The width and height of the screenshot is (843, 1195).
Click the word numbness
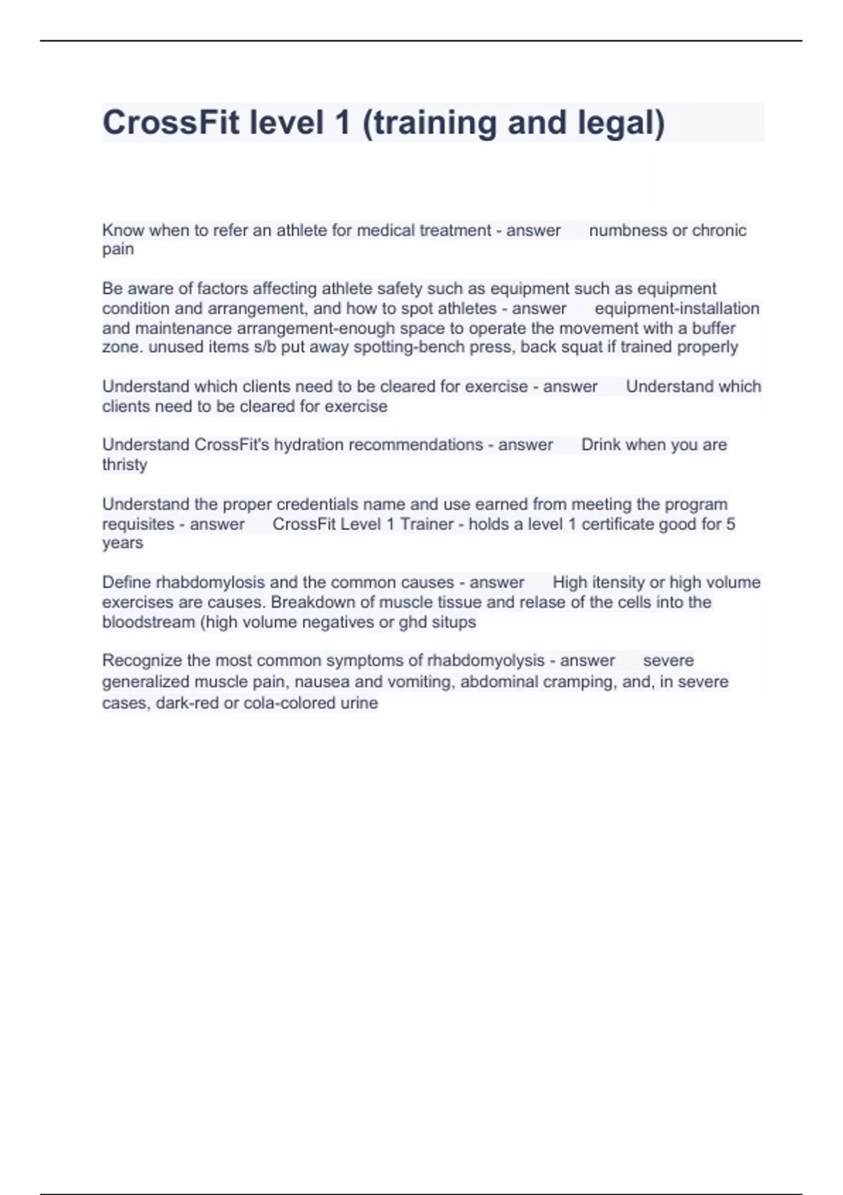pos(627,231)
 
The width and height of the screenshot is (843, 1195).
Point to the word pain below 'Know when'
pos(118,250)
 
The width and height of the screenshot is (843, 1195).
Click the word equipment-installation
pos(677,309)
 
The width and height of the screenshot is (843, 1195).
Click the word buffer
pos(714,328)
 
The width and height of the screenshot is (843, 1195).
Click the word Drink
pos(601,445)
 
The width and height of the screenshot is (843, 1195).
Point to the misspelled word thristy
pos(125,465)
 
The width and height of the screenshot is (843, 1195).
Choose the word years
pos(123,543)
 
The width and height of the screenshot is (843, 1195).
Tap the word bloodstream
pos(148,622)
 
